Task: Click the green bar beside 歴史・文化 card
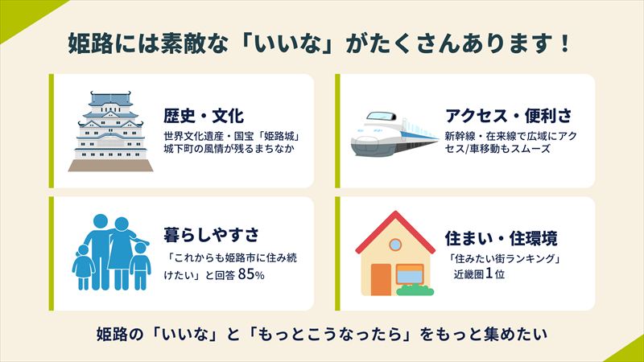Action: click(x=52, y=131)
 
